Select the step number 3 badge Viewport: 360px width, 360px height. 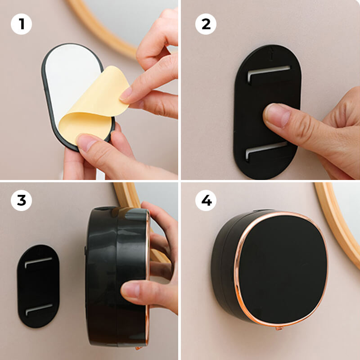pyautogui.click(x=21, y=201)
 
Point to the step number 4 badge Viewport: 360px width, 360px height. pyautogui.click(x=206, y=201)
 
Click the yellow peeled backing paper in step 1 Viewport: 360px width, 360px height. pyautogui.click(x=97, y=106)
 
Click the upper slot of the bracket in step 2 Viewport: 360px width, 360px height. pyautogui.click(x=269, y=70)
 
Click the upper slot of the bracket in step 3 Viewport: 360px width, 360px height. pyautogui.click(x=38, y=261)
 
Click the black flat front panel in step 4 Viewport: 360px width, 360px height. pyautogui.click(x=281, y=268)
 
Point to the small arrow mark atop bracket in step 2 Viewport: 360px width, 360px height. pyautogui.click(x=270, y=52)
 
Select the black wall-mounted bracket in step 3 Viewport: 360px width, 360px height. pyautogui.click(x=38, y=286)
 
